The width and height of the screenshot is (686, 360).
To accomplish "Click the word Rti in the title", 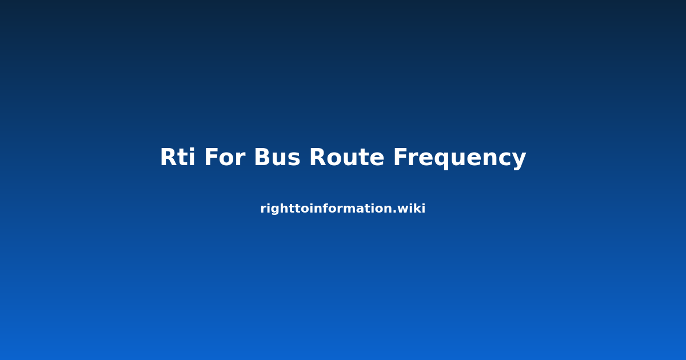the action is point(178,157).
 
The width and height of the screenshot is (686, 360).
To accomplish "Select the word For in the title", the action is point(225,157).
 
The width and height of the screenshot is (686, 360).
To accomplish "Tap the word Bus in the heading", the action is point(277,157).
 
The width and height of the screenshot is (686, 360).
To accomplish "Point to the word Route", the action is point(346,157).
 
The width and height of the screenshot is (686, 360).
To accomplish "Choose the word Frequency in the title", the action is point(460,159).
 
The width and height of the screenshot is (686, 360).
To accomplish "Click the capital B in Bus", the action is point(262,157).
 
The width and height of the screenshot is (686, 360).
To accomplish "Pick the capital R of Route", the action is point(318,157).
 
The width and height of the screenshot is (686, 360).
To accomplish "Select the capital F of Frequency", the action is point(400,157).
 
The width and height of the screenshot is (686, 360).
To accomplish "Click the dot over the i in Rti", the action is point(192,150).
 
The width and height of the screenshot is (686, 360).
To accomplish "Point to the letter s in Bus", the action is point(293,159).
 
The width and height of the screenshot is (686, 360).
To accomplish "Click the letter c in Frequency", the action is point(502,159).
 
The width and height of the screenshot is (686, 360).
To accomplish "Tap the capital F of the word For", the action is point(212,157).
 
